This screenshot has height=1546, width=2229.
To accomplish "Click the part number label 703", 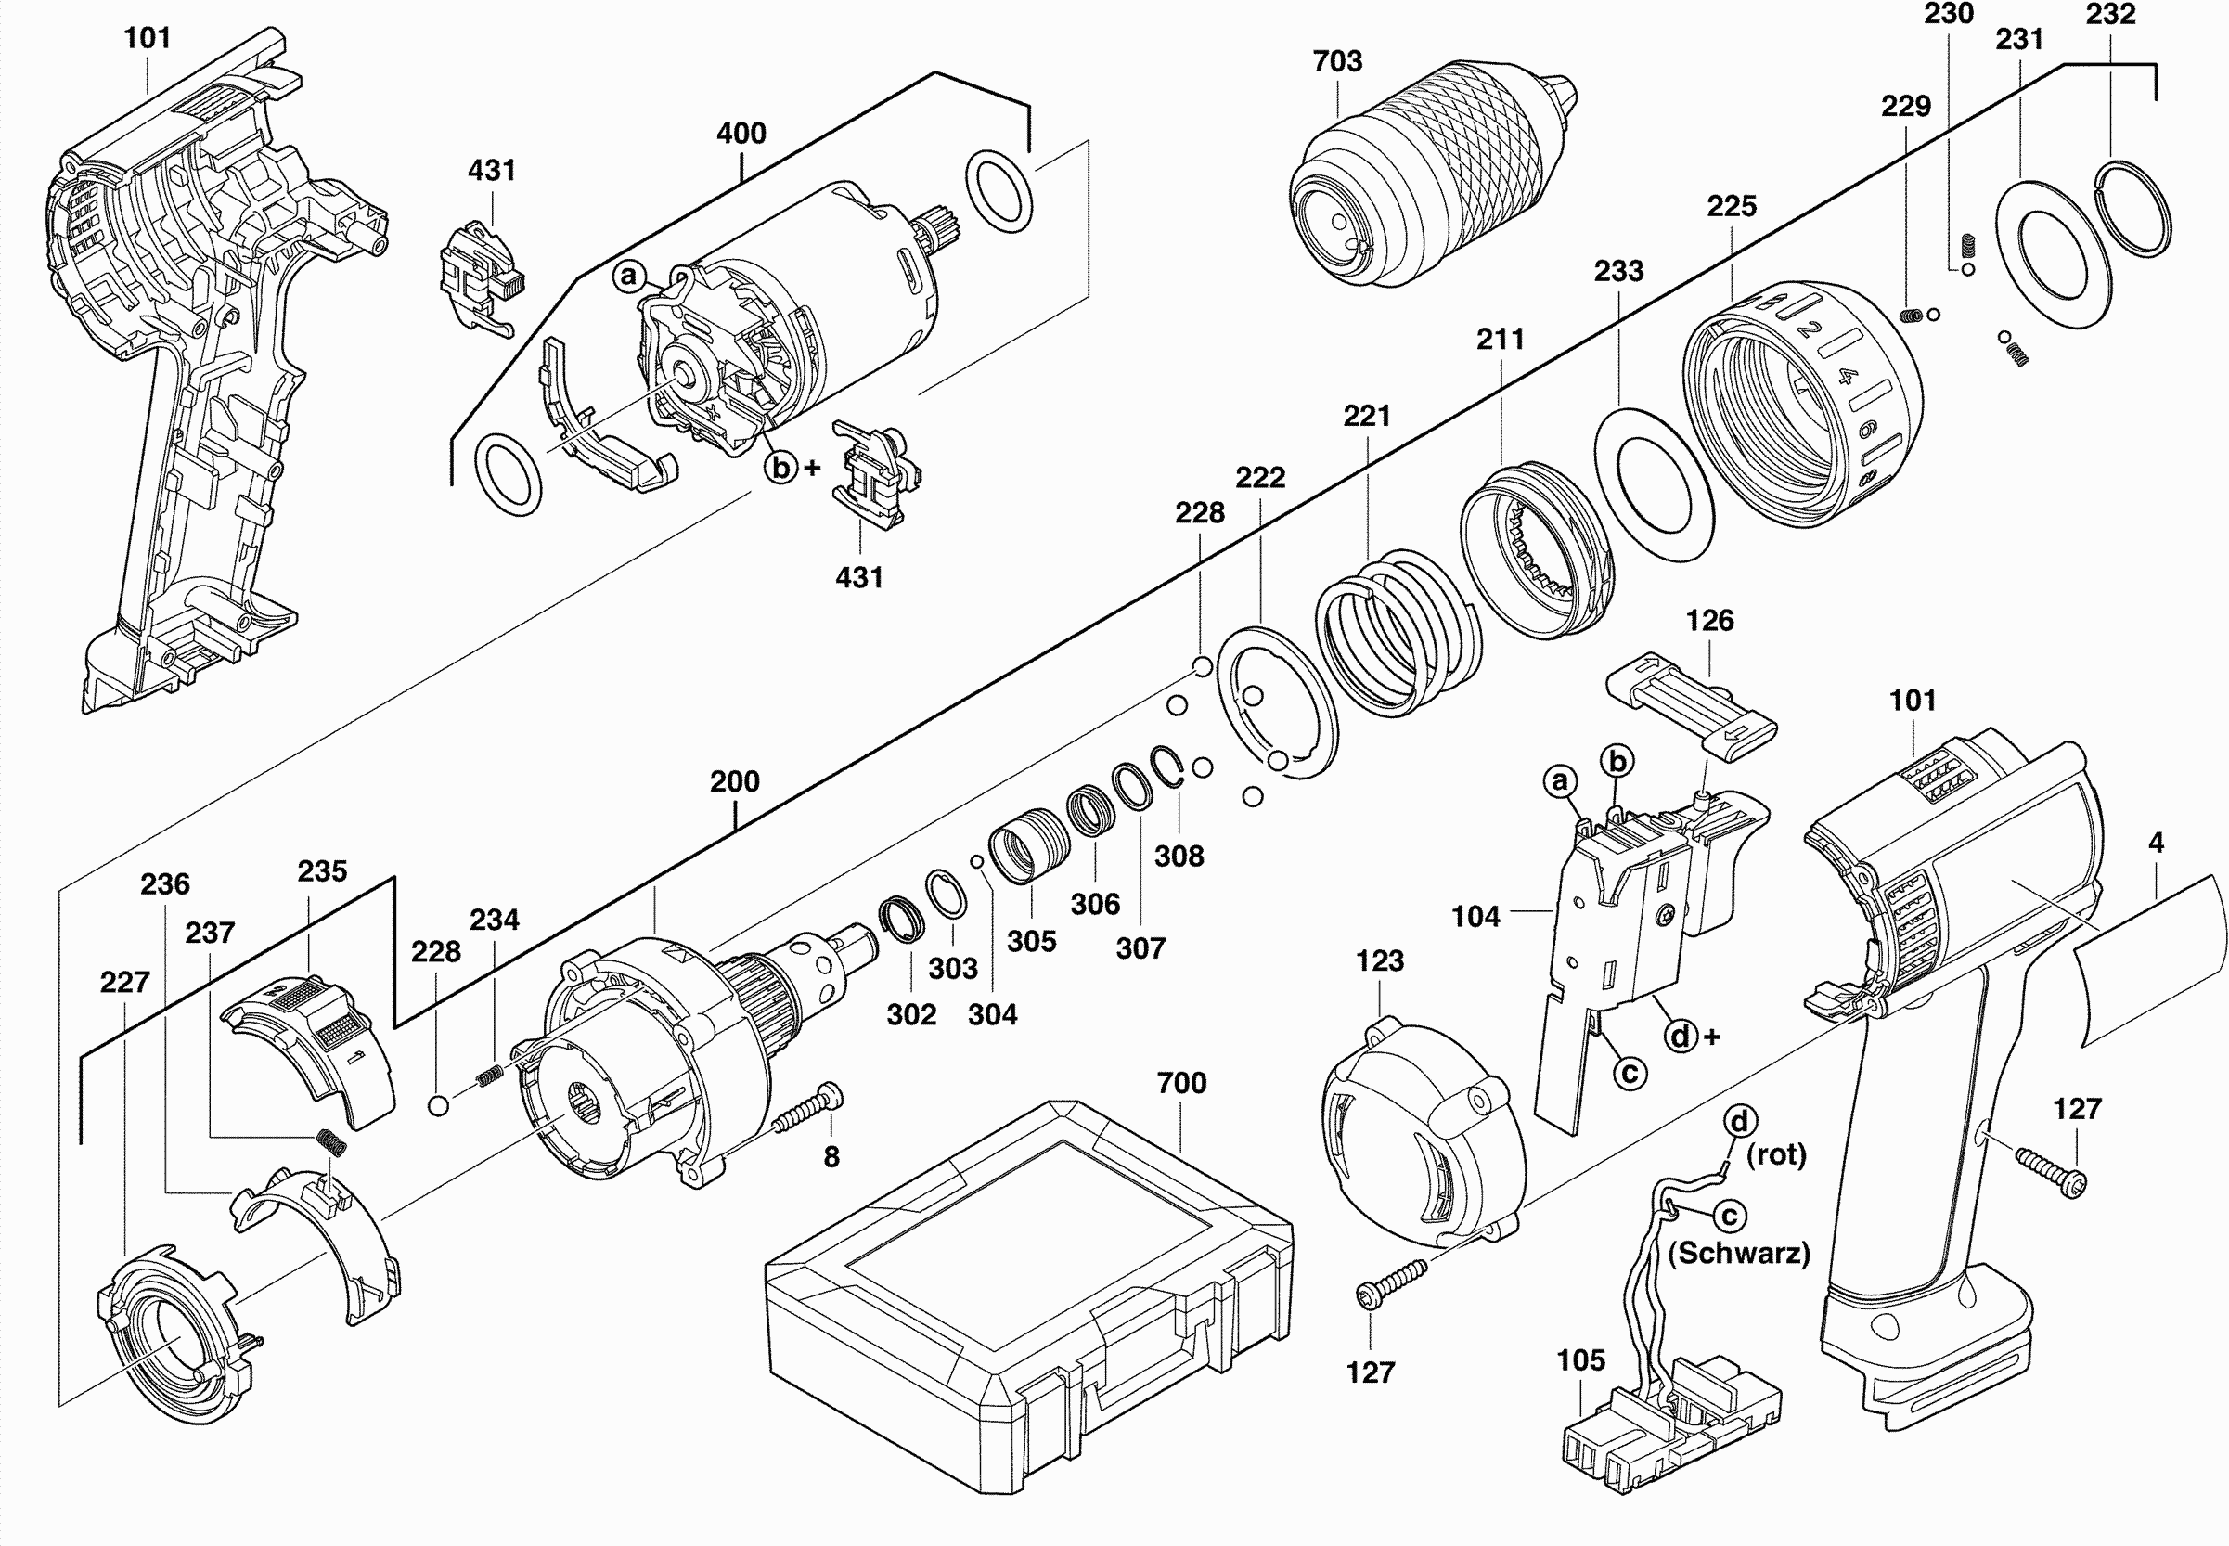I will click(1337, 61).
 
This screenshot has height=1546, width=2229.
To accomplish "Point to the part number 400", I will click(741, 133).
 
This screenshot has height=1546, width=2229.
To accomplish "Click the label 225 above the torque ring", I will click(1731, 206).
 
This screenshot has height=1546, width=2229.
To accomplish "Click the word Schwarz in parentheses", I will click(1738, 1254).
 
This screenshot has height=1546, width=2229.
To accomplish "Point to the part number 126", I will click(1708, 621).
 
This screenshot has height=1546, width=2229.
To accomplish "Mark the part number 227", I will click(125, 982).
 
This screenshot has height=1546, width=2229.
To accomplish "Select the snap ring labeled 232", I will click(2133, 208).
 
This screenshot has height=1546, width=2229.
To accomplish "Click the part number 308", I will click(1179, 857).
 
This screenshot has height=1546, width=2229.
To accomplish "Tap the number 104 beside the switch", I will click(1475, 916).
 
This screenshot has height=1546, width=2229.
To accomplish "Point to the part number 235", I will click(322, 871).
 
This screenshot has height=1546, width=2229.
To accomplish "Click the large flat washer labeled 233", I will click(1653, 484).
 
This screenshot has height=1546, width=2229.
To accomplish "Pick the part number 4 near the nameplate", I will click(2156, 843).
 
